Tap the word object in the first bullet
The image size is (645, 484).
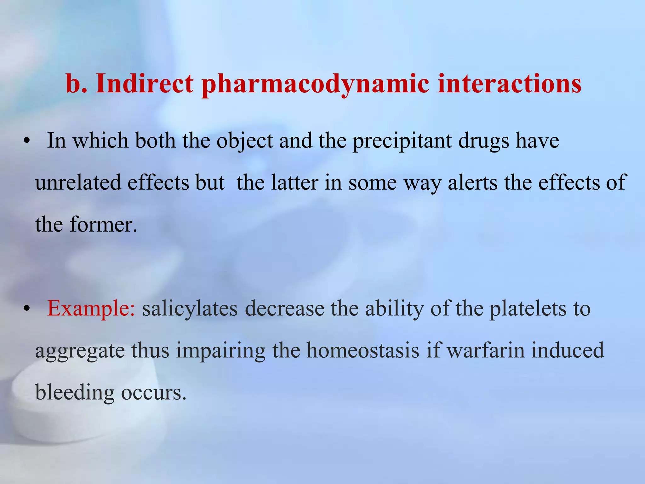(244, 141)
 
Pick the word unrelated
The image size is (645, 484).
(78, 183)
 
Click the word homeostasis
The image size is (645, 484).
(363, 350)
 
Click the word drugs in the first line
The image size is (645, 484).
(483, 141)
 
